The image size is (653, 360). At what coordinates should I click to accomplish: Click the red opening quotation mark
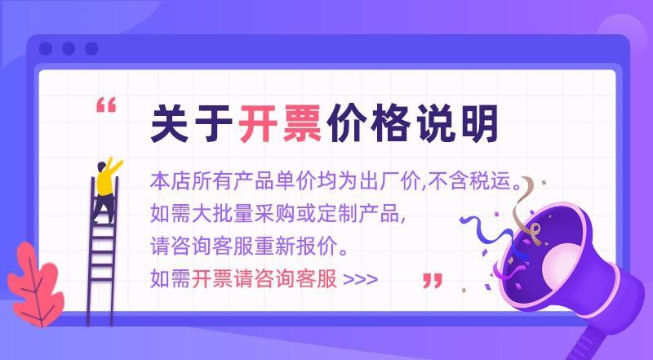106,105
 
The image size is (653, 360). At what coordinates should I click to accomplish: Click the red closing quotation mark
433,281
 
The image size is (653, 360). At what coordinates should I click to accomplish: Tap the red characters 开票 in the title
279,123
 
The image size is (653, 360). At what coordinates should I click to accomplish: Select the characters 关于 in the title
192,123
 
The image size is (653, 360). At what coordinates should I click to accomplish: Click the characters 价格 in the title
368,123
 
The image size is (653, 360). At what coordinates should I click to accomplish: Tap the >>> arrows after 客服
361,279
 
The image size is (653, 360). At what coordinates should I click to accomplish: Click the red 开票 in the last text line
212,278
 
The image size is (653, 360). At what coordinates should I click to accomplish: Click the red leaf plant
35,284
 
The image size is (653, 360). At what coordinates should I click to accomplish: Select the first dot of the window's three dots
46,49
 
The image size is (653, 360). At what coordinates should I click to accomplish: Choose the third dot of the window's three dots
91,49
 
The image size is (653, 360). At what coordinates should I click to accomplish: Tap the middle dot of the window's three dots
69,49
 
